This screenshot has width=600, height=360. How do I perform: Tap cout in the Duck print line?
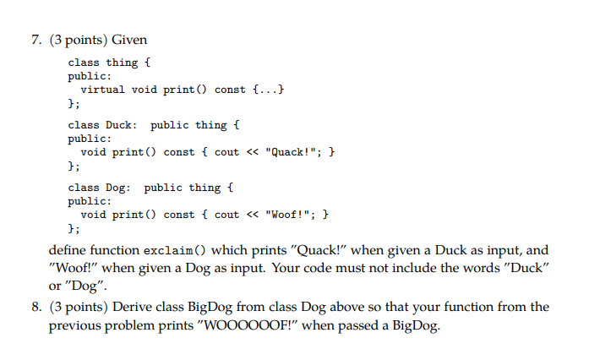227,152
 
